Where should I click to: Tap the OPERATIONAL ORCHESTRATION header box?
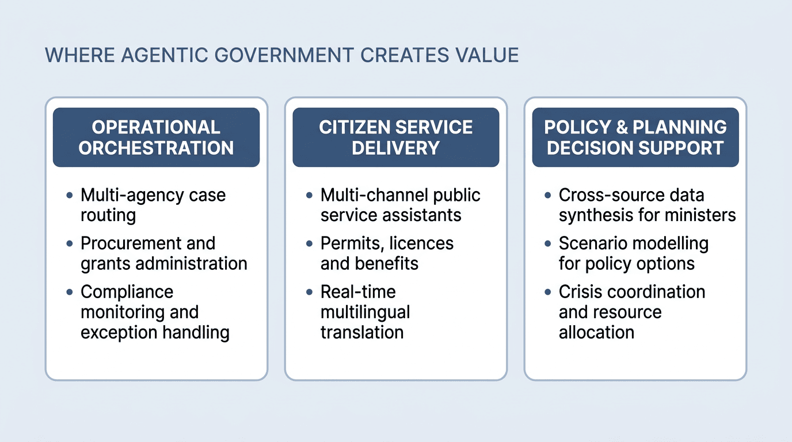[156, 138]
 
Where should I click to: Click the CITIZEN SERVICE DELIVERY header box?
[395, 138]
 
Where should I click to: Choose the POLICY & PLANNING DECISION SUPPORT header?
[635, 138]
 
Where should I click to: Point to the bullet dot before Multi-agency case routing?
[70, 196]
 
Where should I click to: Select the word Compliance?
[127, 292]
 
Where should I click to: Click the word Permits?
[351, 243]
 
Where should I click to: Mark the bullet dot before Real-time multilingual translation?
[309, 292]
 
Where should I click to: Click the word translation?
[361, 332]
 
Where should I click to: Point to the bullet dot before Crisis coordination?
[547, 292]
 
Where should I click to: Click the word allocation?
[596, 332]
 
